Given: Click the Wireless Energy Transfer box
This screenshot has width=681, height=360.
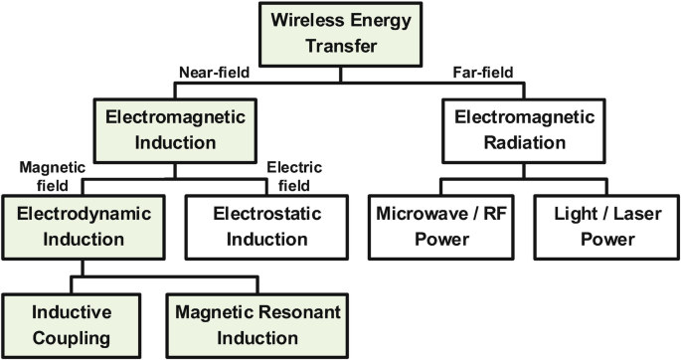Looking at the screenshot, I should tap(340, 32).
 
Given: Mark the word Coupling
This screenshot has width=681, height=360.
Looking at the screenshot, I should tap(69, 337).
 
